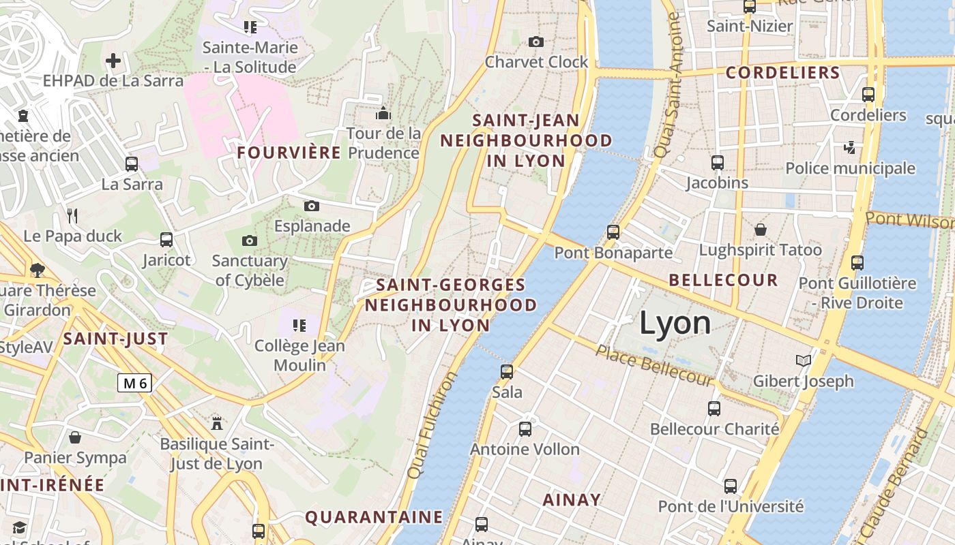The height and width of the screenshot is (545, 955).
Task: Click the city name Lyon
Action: [x=675, y=323]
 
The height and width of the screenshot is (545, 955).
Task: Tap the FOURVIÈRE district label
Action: [x=289, y=153]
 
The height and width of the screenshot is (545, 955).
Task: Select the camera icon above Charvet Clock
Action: [x=536, y=42]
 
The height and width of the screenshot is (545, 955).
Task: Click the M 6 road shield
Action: [x=134, y=383]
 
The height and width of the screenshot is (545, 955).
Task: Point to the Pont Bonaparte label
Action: [x=613, y=253]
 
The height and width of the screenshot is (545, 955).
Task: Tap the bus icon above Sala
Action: [x=507, y=372]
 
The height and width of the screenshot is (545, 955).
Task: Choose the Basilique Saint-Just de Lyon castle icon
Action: [x=217, y=423]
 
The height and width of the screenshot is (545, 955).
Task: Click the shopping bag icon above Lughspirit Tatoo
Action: [x=760, y=230]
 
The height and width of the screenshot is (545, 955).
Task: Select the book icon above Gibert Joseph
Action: [x=804, y=360]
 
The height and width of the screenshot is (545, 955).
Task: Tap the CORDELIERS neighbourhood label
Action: [x=782, y=73]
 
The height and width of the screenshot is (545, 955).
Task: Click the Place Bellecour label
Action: [x=654, y=365]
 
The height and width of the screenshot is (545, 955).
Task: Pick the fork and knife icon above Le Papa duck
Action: [x=72, y=216]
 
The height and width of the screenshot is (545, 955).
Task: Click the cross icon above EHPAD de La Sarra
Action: [x=113, y=61]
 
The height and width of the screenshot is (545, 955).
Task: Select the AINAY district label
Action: [x=572, y=500]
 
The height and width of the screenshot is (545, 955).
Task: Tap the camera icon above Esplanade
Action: [x=312, y=206]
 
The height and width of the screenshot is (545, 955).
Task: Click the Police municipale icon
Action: [x=849, y=147]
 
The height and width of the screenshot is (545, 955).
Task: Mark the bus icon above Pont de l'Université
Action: [x=731, y=486]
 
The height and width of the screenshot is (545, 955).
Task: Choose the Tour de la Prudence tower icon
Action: [x=383, y=112]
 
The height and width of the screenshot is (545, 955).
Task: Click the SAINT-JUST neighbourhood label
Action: [x=115, y=339]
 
